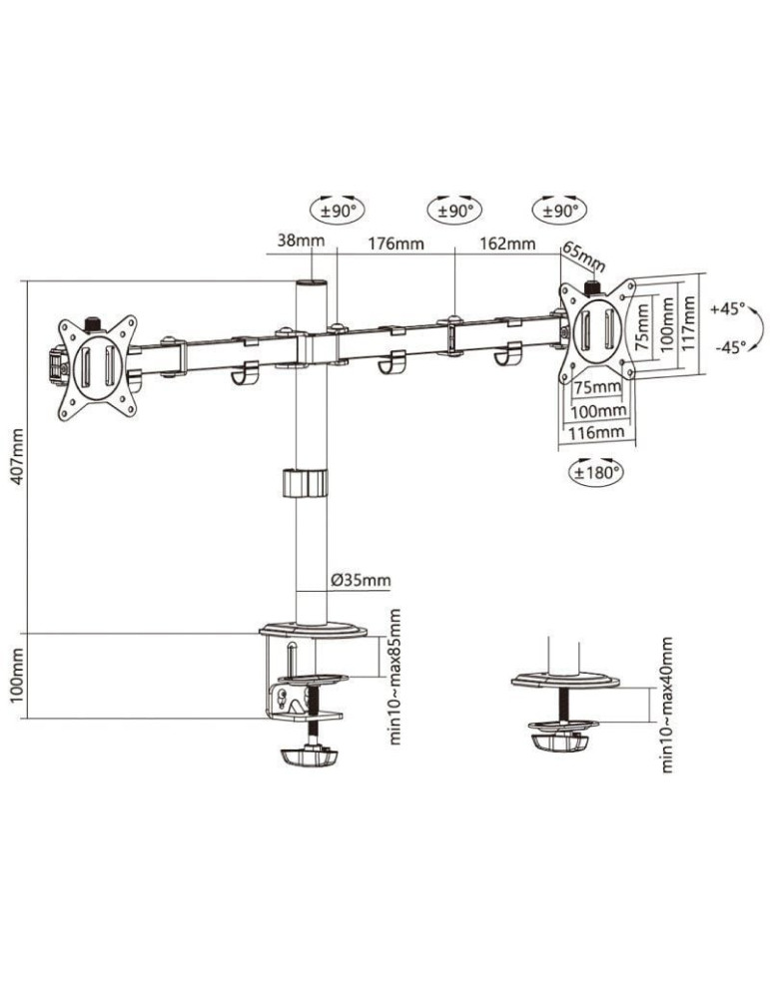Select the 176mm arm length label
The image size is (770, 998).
point(395,244)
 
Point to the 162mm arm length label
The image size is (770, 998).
point(507,244)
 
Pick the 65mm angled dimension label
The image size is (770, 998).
point(584,256)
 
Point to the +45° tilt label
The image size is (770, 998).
point(728,309)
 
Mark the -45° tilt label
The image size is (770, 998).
point(728,347)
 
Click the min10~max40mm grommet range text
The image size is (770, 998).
point(667,705)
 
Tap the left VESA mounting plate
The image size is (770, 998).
point(97,364)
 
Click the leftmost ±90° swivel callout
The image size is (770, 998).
point(339,211)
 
